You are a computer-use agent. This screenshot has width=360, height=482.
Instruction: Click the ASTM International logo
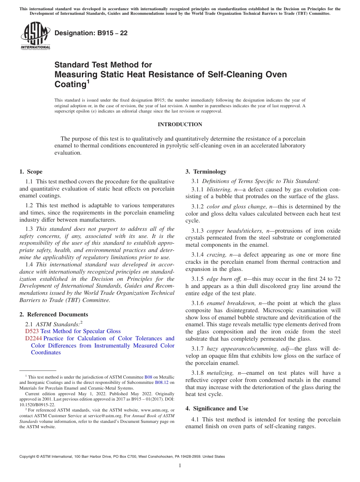click(x=35, y=36)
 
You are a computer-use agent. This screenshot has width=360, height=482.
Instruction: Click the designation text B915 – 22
click(x=91, y=33)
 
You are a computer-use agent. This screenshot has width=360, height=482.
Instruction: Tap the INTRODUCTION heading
click(x=180, y=125)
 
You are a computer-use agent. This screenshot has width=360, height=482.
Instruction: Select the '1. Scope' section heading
click(x=31, y=172)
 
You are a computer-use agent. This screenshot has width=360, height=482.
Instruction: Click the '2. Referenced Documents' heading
click(x=54, y=315)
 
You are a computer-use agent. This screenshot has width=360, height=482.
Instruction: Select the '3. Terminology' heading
click(x=206, y=172)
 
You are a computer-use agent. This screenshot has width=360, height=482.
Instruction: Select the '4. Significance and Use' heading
click(x=217, y=408)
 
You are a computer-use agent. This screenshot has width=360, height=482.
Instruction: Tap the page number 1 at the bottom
click(x=180, y=466)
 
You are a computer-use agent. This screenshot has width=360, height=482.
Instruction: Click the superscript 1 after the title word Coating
click(x=88, y=81)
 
